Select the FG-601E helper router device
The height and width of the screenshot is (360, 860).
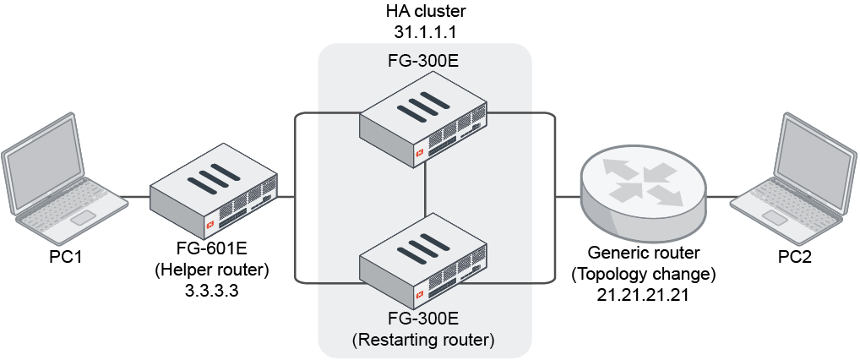click(x=215, y=194)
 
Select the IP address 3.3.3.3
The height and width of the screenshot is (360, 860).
click(x=213, y=289)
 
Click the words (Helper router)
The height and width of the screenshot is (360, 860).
click(x=213, y=270)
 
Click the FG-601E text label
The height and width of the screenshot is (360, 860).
click(x=213, y=252)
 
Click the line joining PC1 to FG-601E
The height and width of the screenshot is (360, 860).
click(x=135, y=199)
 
